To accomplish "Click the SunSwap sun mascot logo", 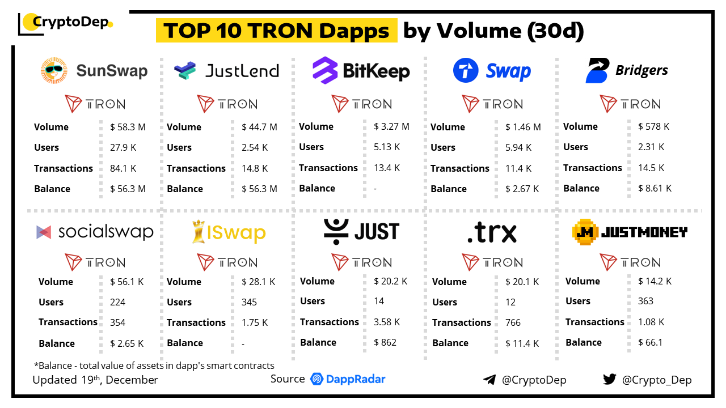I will tap(54, 70).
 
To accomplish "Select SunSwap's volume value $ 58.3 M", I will tap(128, 127).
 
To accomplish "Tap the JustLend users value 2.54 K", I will tap(255, 147).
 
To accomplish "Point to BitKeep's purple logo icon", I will tap(325, 71).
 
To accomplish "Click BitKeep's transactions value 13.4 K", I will tap(387, 168).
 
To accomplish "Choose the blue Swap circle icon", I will tap(466, 71).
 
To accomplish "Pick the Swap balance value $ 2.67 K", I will tap(522, 189).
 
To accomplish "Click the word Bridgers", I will tap(641, 70).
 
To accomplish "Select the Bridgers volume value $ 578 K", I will tap(653, 126).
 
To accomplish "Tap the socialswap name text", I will tap(106, 231).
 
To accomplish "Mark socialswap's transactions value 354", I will tap(117, 322).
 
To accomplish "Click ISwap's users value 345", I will tap(249, 302).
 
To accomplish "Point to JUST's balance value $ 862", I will tap(385, 342).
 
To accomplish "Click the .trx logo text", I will tap(492, 232).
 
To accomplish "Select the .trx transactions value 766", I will tap(513, 322).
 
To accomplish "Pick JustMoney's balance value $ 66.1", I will tap(650, 342).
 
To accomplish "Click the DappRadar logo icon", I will tap(317, 379).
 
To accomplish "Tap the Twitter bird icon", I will tap(610, 379).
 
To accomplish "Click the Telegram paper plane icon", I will tap(489, 380).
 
